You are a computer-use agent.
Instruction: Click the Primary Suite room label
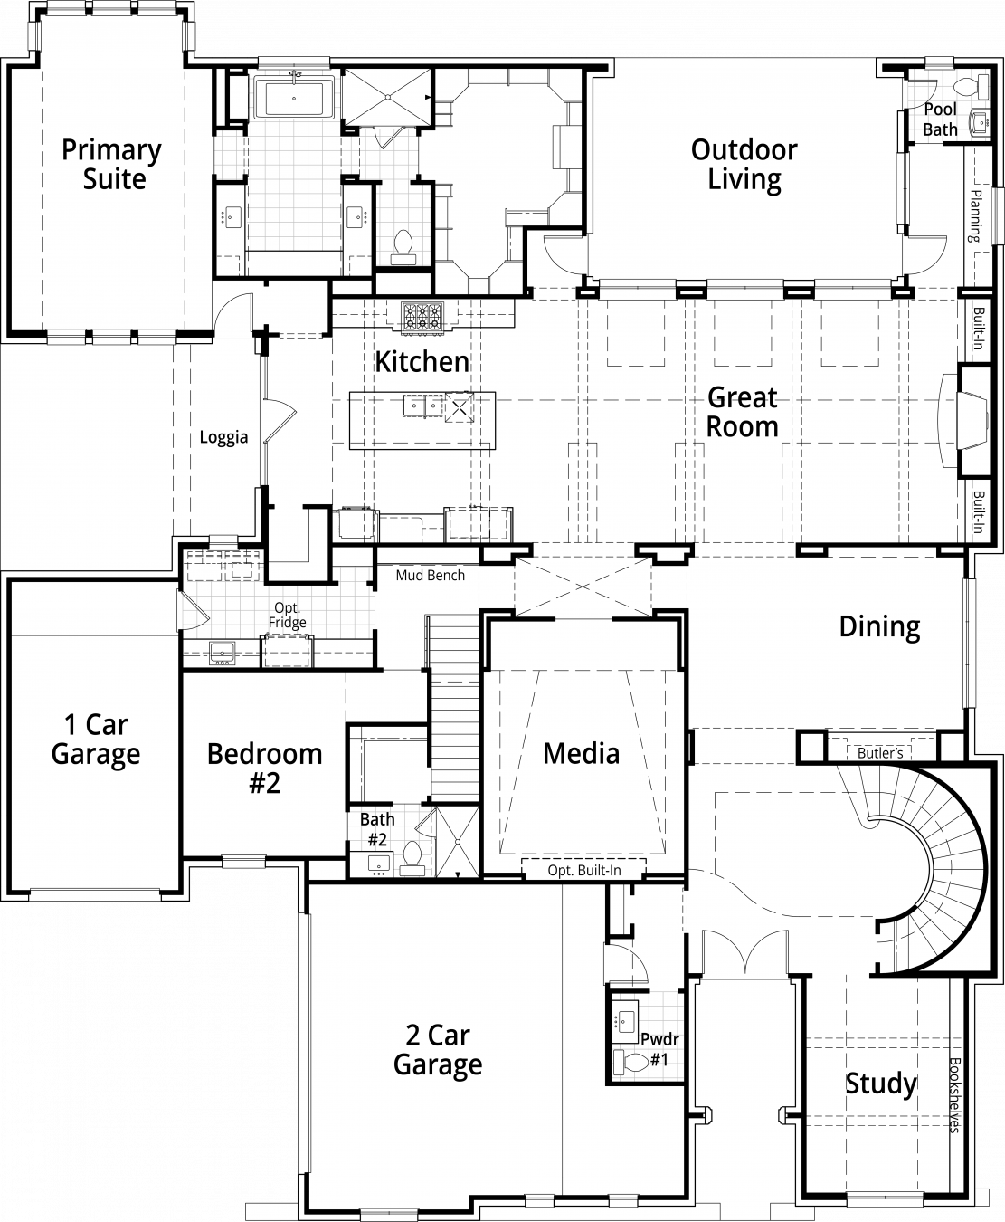[x=112, y=165]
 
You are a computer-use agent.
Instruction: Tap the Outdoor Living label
[x=744, y=165]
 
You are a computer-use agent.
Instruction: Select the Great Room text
[x=742, y=412]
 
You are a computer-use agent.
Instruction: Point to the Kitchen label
[x=422, y=361]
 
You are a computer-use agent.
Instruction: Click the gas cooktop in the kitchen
[x=422, y=318]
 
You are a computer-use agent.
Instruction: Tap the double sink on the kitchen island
[x=422, y=406]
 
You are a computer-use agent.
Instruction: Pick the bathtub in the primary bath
[x=294, y=99]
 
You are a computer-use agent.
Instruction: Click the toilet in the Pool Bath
[x=972, y=86]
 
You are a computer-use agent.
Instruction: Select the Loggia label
[x=223, y=437]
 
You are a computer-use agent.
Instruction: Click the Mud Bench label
[x=431, y=576]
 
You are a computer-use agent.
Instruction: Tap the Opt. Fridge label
[x=287, y=615]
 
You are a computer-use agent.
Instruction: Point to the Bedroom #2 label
[x=264, y=769]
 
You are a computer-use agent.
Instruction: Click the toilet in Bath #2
[x=412, y=858]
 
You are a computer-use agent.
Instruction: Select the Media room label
[x=582, y=754]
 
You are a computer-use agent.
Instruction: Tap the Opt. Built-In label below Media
[x=584, y=870]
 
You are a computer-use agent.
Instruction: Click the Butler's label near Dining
[x=880, y=753]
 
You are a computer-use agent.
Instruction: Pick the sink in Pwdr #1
[x=626, y=1018]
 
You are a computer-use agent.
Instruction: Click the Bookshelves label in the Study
[x=954, y=1095]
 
